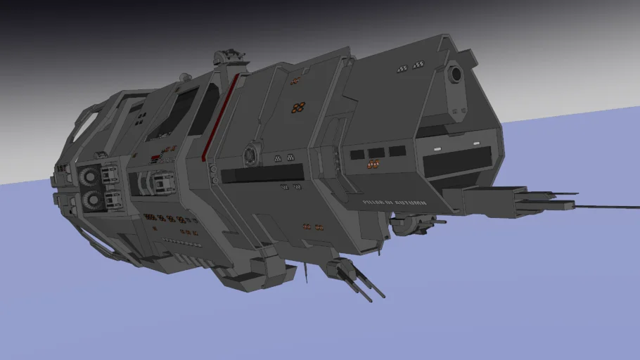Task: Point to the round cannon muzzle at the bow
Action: point(455,73)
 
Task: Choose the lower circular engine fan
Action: point(93,199)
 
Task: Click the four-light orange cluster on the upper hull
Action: point(298,108)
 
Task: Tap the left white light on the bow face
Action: point(437,149)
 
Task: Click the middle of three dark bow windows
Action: point(376,153)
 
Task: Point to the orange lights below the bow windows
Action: point(373,165)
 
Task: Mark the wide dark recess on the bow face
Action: point(456,162)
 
